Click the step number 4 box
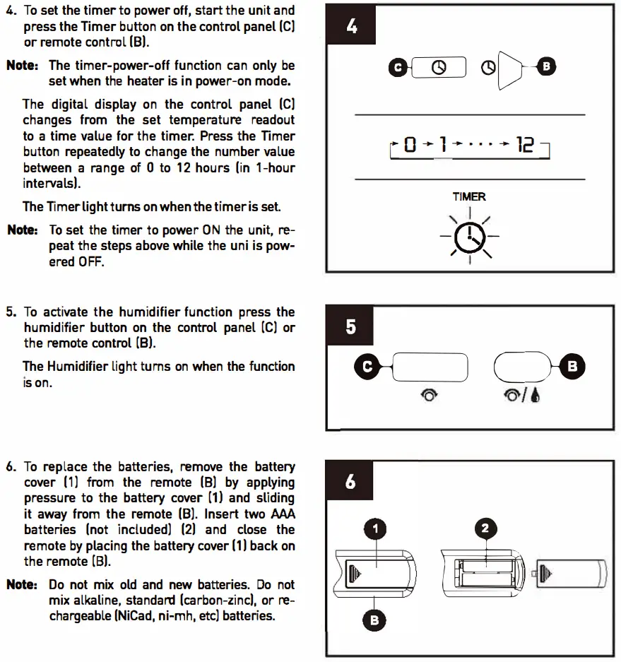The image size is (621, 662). click(x=351, y=27)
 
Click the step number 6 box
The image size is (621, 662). click(x=351, y=483)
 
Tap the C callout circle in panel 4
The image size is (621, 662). click(x=397, y=67)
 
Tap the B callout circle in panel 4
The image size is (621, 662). click(x=545, y=67)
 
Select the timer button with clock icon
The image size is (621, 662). click(x=439, y=67)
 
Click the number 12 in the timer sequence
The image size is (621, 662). click(x=525, y=146)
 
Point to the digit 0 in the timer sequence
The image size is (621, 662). click(x=410, y=146)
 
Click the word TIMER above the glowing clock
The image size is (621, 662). click(x=469, y=197)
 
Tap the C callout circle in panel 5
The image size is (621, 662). click(x=367, y=366)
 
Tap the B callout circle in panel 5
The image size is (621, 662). click(x=572, y=366)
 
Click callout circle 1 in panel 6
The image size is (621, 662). click(x=377, y=528)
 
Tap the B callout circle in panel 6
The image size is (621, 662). click(x=375, y=620)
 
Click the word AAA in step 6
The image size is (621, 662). click(x=283, y=514)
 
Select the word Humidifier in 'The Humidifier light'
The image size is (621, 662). click(x=78, y=366)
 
